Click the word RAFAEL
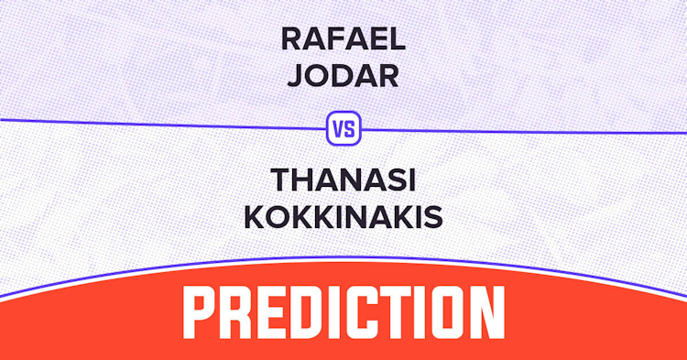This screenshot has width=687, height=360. tap(343, 39)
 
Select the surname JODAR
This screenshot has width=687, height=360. tap(343, 76)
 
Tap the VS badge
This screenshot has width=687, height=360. tap(343, 128)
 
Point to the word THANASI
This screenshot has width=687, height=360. tap(343, 180)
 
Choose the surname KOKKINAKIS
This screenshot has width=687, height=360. tap(343, 217)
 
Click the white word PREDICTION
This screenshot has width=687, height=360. tap(343, 312)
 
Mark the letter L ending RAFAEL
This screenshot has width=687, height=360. tap(398, 39)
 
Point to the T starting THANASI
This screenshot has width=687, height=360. tap(282, 180)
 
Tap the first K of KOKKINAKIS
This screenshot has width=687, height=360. tap(255, 217)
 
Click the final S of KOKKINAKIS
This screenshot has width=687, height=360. tap(433, 217)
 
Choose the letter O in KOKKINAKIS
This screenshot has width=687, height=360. tap(278, 217)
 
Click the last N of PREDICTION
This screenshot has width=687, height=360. tap(487, 312)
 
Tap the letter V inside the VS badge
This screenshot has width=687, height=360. tap(338, 129)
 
